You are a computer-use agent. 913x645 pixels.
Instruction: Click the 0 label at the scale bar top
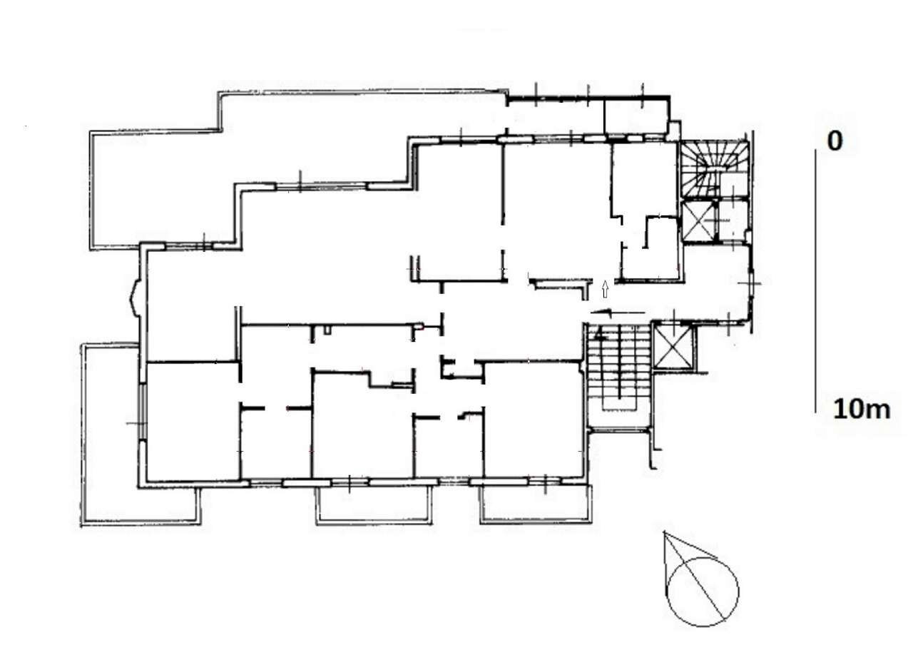click(x=835, y=141)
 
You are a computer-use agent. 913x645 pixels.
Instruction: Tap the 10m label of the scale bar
click(x=862, y=410)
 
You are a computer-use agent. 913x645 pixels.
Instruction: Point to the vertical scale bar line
click(x=816, y=278)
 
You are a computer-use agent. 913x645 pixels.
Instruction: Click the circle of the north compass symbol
click(x=704, y=591)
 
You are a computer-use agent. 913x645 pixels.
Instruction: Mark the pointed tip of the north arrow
click(x=664, y=532)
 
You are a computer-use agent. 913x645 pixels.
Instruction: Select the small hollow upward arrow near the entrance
click(x=606, y=289)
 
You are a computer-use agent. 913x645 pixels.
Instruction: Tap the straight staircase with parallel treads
click(x=618, y=375)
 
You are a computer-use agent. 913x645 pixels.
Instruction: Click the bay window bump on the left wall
click(x=134, y=298)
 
